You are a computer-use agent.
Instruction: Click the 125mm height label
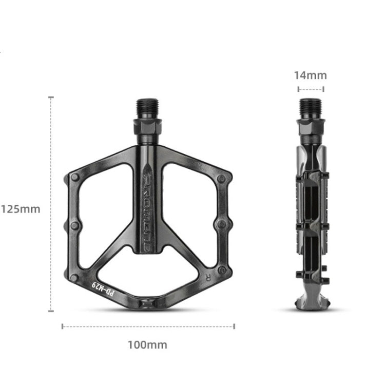(x=21, y=209)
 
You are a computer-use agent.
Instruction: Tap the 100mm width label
(x=147, y=345)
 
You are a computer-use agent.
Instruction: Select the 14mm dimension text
(x=310, y=75)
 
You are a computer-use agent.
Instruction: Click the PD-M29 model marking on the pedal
(x=103, y=288)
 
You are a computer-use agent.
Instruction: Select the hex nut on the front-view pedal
(x=148, y=127)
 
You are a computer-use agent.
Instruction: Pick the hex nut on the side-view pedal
(x=311, y=127)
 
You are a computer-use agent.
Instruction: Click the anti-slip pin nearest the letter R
(x=222, y=269)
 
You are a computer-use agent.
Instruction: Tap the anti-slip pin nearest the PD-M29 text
(x=74, y=278)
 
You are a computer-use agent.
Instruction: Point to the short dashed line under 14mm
(x=311, y=89)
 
